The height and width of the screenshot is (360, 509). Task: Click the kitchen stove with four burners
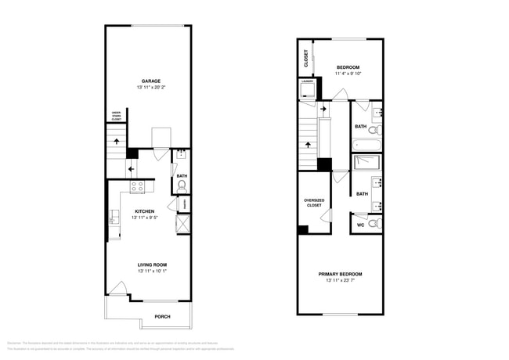click(138, 187)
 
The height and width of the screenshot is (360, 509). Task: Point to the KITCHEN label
click(144, 211)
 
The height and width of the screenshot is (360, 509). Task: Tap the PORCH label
click(162, 316)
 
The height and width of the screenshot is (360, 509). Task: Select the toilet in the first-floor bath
click(180, 186)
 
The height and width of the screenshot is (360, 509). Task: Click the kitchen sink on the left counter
click(114, 217)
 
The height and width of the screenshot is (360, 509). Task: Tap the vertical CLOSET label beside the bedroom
click(306, 59)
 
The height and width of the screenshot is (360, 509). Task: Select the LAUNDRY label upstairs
click(307, 81)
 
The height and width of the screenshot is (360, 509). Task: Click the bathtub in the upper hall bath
click(366, 145)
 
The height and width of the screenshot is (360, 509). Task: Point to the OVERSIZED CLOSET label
click(314, 203)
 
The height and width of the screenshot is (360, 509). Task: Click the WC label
click(360, 225)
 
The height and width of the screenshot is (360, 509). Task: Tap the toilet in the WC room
click(374, 224)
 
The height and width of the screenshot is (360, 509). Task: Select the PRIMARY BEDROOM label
click(340, 274)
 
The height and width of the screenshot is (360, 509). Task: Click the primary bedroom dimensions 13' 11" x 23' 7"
click(340, 281)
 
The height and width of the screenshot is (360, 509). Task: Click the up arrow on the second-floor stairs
click(308, 145)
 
